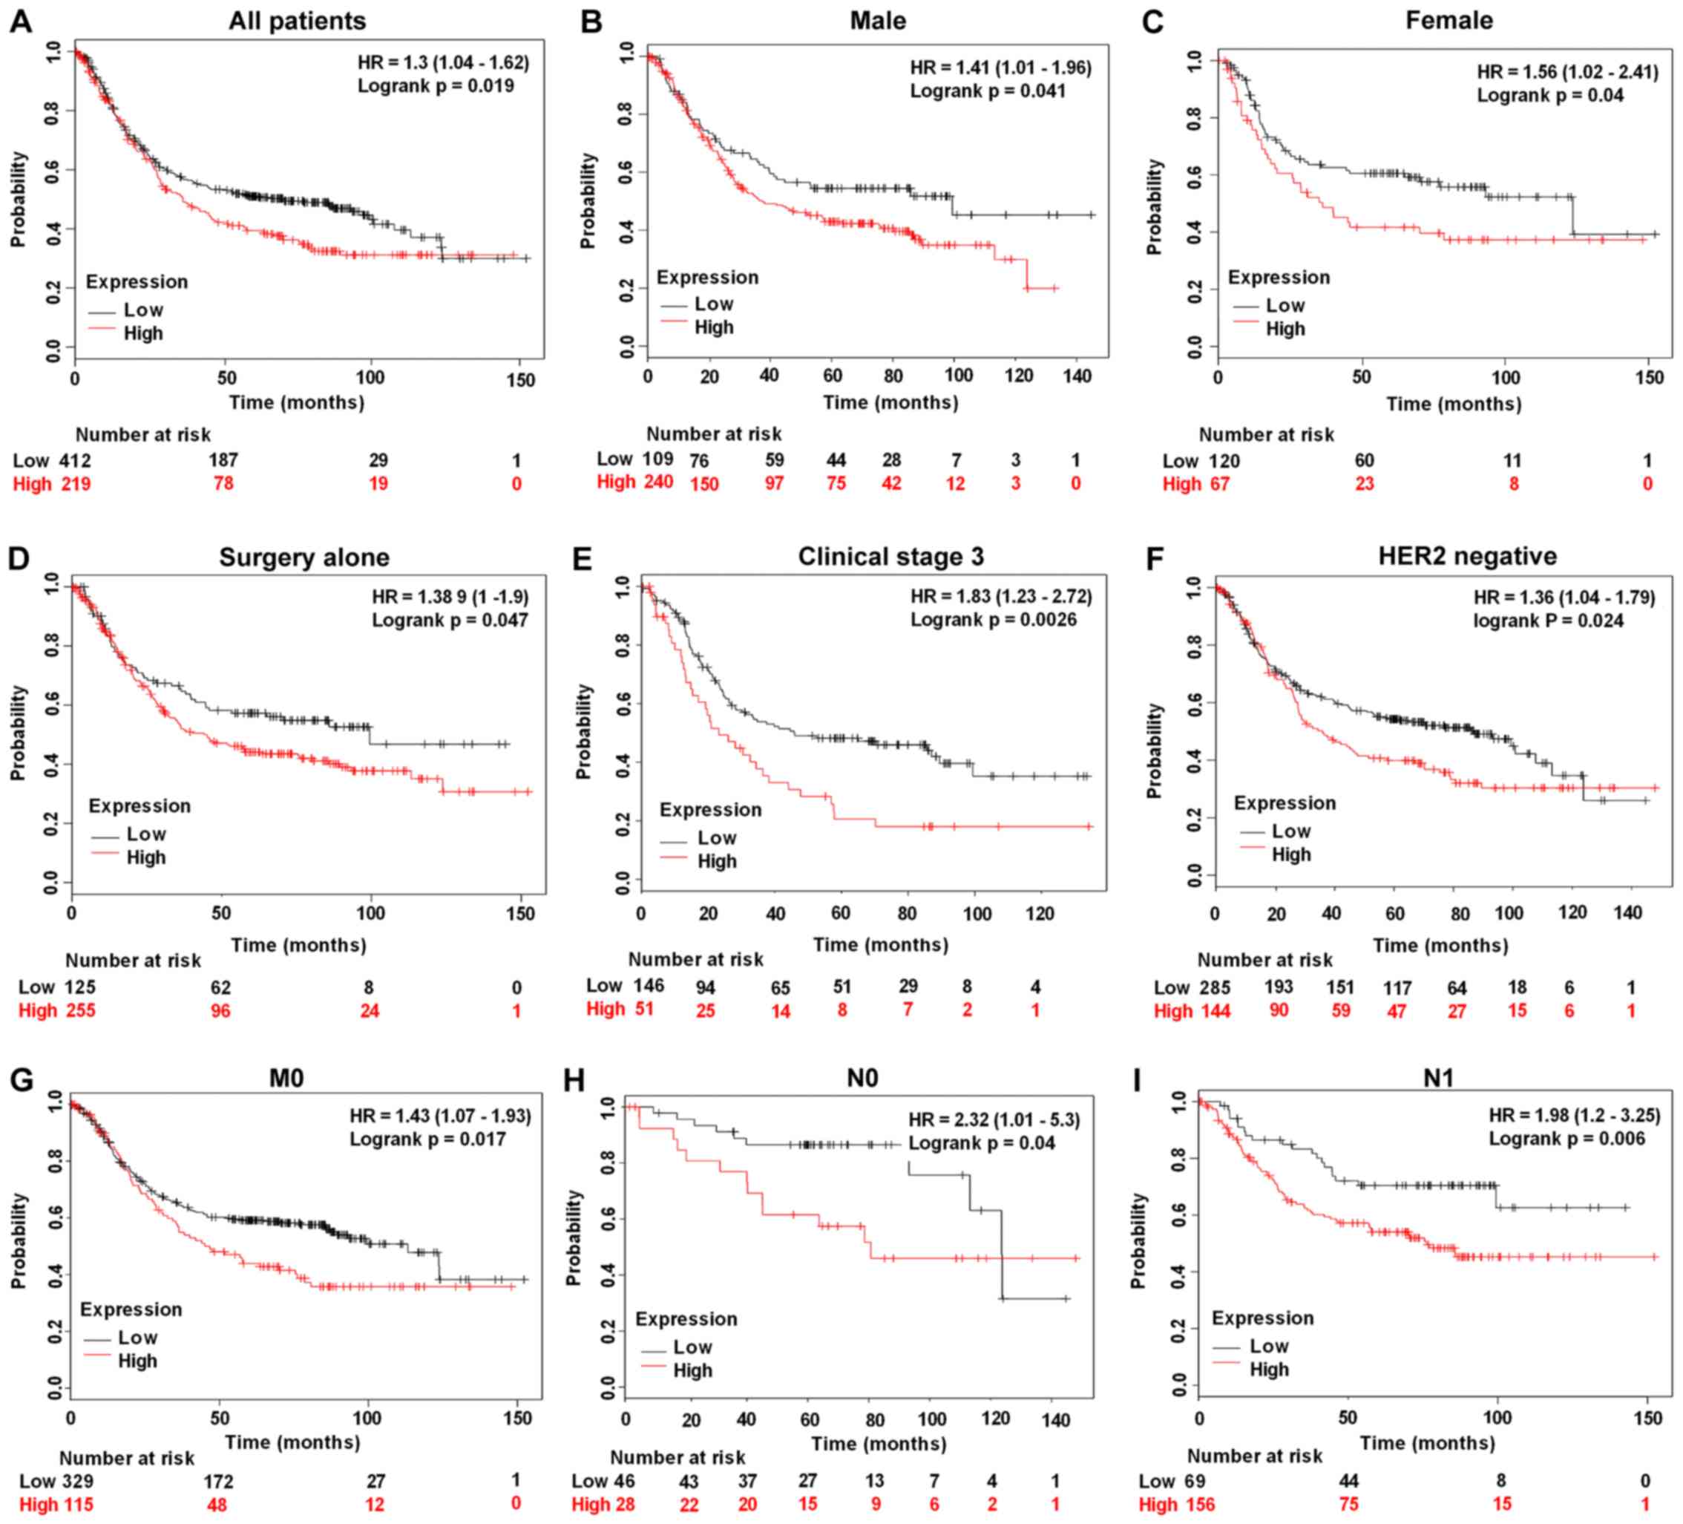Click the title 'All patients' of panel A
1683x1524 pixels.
297,21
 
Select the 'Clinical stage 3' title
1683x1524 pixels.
890,556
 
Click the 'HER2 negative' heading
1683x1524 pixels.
1468,556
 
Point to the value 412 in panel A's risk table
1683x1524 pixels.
75,460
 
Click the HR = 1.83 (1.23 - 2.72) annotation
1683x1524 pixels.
1001,596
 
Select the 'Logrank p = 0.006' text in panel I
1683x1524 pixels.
1567,1139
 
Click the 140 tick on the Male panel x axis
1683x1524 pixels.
1077,376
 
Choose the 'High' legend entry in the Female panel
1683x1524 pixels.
1285,329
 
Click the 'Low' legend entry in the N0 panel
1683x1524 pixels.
692,1347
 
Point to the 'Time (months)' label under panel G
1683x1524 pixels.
292,1442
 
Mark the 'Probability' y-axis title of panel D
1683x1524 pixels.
19,733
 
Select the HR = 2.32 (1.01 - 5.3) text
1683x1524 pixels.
994,1120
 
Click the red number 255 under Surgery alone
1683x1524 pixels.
80,1010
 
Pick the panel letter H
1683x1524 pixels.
574,1081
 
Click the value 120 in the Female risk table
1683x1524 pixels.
1224,461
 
